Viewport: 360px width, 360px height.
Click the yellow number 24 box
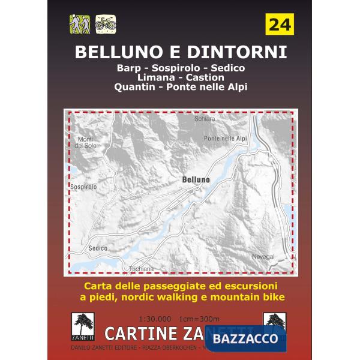coord(279,25)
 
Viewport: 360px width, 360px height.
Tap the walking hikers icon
coord(79,24)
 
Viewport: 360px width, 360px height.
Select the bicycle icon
coord(106,24)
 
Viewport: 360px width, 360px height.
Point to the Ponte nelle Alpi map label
coord(226,138)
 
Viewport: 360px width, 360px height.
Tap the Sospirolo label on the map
coord(83,187)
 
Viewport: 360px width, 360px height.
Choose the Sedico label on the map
coord(97,248)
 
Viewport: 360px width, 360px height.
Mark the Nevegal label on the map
coord(263,256)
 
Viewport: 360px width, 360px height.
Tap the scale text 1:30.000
coord(155,317)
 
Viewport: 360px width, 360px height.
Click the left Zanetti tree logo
coord(80,324)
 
